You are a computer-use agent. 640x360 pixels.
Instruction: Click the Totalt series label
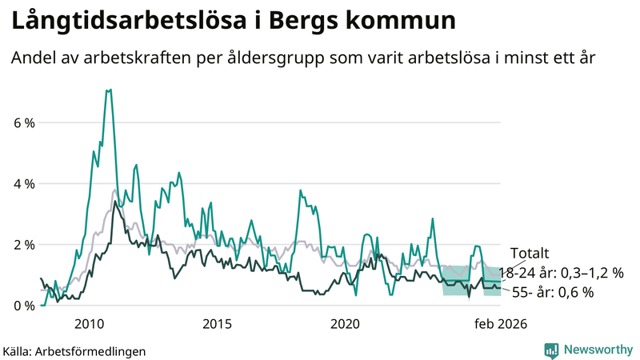click(530, 253)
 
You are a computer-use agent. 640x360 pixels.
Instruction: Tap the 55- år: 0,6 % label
click(552, 293)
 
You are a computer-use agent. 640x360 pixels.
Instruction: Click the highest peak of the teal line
click(108, 90)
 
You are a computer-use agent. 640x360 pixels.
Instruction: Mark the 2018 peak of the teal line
click(301, 190)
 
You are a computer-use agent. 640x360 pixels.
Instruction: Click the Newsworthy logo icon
click(551, 350)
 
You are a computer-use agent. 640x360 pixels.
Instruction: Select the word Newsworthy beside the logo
click(597, 350)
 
